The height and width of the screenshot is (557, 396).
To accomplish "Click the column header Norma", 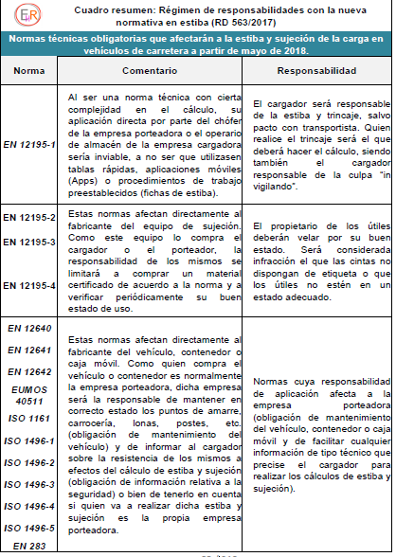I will tap(32, 70).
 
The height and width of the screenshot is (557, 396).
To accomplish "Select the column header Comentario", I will tap(156, 70).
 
